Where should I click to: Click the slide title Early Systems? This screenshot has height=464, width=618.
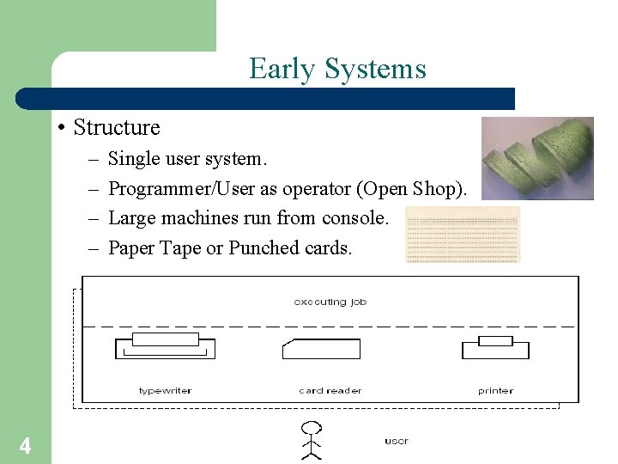point(337,69)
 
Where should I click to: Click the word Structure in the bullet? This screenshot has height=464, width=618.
point(117,128)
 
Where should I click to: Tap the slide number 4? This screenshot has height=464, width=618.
point(26,446)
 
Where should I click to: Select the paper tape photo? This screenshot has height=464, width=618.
point(537,158)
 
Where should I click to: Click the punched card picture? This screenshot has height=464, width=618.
point(463,234)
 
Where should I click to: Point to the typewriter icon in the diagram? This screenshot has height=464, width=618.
point(165,347)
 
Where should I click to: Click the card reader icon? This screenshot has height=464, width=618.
point(321,349)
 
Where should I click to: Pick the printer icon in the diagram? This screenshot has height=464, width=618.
point(495,348)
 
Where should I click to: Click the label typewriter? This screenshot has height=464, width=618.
point(165,391)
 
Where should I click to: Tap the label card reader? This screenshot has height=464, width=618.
point(330,391)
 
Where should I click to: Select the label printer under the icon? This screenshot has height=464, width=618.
point(495,391)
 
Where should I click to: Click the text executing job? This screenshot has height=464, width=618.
point(330,302)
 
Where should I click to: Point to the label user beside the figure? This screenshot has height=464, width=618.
point(396,441)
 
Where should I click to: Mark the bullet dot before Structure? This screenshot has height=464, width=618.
point(62,129)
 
